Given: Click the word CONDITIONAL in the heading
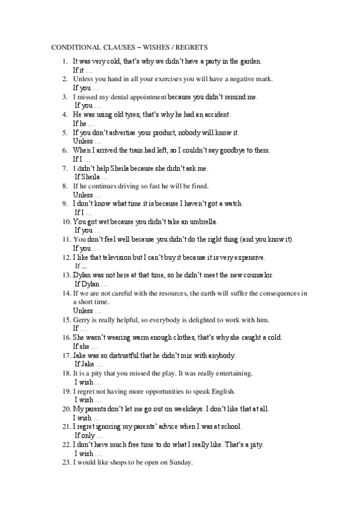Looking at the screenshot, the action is pos(73,47).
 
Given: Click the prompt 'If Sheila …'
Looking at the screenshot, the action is pos(92,177).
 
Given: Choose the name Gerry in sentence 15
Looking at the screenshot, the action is pos(82,319).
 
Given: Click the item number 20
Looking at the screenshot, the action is pos(67,408).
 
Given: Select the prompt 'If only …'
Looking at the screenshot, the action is pos(89,435).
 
